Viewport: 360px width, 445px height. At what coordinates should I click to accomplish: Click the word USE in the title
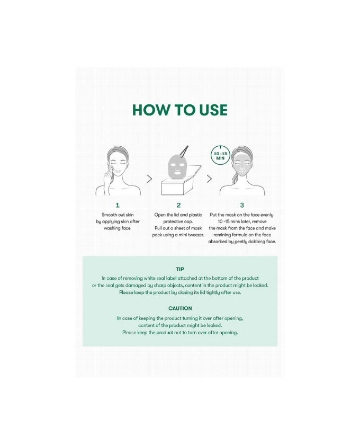[x=213, y=110]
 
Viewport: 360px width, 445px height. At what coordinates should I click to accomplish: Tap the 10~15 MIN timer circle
[x=220, y=156]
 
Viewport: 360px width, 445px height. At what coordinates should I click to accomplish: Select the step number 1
[x=118, y=205]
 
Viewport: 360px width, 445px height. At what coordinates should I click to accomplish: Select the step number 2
[x=178, y=205]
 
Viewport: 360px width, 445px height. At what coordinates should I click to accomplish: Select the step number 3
[x=242, y=205]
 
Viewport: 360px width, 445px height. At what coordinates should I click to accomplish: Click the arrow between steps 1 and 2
[x=149, y=179]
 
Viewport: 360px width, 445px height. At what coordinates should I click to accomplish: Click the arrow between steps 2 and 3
[x=209, y=179]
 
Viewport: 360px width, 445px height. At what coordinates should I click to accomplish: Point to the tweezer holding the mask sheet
[x=184, y=150]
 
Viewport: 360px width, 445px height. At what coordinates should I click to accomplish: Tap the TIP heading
[x=180, y=269]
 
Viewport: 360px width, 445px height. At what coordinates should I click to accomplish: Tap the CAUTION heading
[x=180, y=308]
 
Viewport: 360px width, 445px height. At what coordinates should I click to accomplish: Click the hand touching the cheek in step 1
[x=109, y=176]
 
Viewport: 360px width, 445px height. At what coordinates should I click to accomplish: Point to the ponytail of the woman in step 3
[x=235, y=178]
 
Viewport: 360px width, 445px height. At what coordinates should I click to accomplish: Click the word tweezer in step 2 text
[x=196, y=235]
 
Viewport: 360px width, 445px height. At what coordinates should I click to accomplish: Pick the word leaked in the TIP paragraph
[x=260, y=285]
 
